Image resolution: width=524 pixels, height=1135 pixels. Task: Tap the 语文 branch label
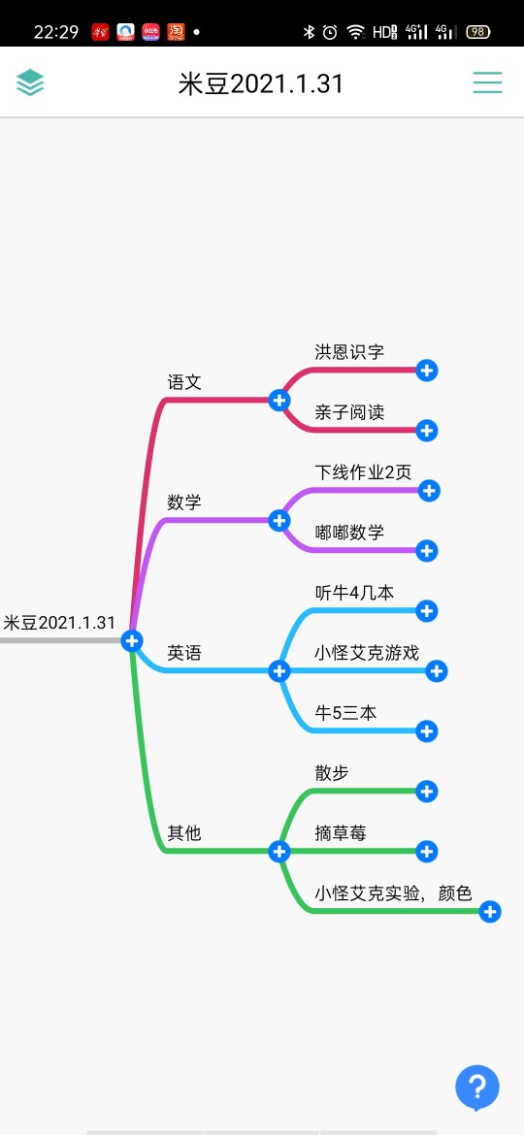pos(183,382)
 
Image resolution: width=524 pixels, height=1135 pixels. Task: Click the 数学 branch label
pos(183,503)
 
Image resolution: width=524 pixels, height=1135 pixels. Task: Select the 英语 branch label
pos(183,653)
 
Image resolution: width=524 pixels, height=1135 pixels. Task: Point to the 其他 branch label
pos(183,833)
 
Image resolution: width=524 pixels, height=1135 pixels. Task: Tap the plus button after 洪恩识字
pos(427,371)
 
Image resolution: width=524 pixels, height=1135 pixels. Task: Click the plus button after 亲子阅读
pos(427,431)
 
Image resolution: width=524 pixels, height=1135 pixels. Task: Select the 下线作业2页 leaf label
pos(363,472)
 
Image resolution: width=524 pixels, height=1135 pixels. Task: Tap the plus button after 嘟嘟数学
pos(427,551)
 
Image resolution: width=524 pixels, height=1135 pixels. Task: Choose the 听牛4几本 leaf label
pos(354,593)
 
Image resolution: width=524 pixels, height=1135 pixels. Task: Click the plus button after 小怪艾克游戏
pos(436,671)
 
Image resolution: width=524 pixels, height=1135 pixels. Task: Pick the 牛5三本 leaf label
pos(346,713)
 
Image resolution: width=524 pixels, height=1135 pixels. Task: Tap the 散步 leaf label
pos(332,773)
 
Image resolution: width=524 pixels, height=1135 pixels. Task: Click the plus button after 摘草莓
pos(427,852)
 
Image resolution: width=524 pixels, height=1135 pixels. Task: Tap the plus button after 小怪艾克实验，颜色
pos(490,911)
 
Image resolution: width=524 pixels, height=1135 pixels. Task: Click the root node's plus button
pos(132,640)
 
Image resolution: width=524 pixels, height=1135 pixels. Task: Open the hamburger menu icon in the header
pos(488,82)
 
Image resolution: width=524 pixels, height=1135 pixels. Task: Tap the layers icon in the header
pos(30,82)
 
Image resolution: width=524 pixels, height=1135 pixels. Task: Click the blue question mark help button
pos(477,1087)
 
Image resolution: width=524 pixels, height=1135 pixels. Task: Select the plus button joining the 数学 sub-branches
pos(279,520)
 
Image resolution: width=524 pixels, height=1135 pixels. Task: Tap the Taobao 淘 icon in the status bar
pos(176,32)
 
